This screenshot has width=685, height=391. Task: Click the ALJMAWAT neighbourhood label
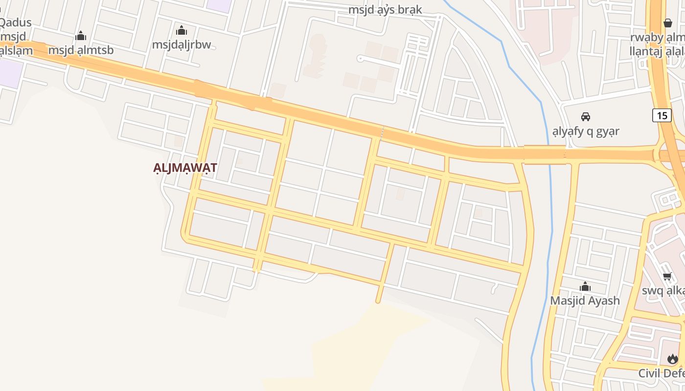[x=185, y=168]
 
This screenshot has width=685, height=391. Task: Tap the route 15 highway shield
[x=662, y=115]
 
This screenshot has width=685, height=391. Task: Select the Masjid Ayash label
[x=585, y=300]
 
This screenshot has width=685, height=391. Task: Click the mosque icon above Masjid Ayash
[x=585, y=286]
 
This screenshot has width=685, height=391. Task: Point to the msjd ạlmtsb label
[x=81, y=50]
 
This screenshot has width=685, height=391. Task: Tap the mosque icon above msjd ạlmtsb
[x=81, y=36]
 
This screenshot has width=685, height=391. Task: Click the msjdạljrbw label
[x=181, y=44]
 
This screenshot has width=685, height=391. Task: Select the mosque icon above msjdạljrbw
[x=182, y=30]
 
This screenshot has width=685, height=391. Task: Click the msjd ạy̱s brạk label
[x=385, y=10]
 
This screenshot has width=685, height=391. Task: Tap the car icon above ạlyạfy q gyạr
[x=585, y=117]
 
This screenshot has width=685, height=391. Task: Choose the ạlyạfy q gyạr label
[x=586, y=131]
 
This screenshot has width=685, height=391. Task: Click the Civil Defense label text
[x=661, y=373]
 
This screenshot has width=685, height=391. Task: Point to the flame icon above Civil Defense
[x=673, y=359]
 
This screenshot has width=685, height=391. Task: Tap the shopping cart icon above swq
[x=667, y=277]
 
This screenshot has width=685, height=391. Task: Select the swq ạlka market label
[x=663, y=291]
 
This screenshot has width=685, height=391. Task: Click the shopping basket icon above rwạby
[x=668, y=23]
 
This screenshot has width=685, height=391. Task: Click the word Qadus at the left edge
[x=16, y=22]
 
